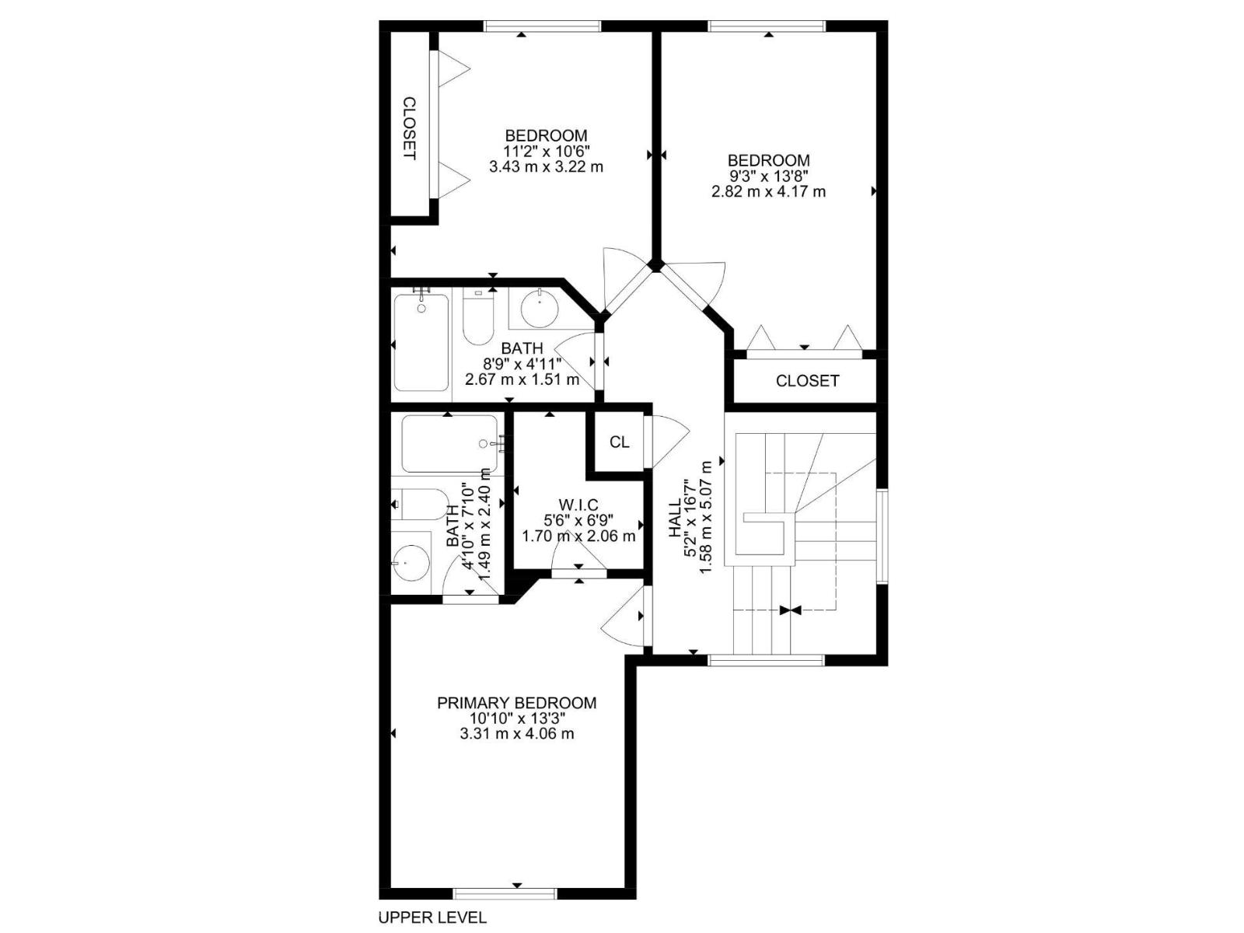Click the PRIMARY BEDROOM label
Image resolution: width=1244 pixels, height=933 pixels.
tap(516, 703)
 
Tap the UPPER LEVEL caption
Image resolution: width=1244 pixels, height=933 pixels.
tap(432, 917)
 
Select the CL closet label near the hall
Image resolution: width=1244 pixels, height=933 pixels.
tap(619, 442)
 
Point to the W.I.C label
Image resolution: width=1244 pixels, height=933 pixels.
tap(578, 505)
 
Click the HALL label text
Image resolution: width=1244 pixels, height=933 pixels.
tap(675, 518)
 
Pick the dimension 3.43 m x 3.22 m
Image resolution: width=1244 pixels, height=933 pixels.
tap(546, 166)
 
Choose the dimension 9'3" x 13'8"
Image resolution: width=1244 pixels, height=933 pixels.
tap(768, 176)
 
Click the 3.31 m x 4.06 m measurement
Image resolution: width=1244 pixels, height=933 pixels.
tap(516, 733)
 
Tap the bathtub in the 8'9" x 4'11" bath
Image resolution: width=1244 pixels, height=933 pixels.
tap(421, 342)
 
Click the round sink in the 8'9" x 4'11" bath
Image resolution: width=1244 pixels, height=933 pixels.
tap(539, 309)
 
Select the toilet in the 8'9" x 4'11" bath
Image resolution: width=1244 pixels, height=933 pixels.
tap(477, 319)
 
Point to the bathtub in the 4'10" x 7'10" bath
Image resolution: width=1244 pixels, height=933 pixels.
tap(449, 445)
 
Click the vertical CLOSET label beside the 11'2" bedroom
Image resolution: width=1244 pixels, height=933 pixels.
tap(409, 128)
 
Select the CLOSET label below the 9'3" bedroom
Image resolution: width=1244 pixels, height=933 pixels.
tap(807, 381)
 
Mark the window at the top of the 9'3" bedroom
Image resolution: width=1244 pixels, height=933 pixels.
tap(767, 26)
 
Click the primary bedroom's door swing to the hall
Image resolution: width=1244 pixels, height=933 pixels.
tap(624, 616)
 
